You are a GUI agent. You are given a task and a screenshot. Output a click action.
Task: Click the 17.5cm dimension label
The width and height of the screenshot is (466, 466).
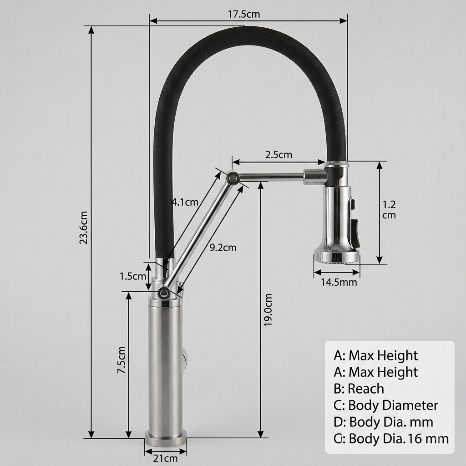point(244,14)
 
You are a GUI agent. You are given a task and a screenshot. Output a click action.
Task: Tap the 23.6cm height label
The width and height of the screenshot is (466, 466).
point(84,228)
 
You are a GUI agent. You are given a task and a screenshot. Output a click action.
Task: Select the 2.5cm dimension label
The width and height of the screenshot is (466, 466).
point(279,155)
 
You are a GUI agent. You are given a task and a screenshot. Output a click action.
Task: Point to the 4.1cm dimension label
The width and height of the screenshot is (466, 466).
point(185,202)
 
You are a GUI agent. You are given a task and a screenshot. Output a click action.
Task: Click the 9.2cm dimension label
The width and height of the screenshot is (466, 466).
point(223,247)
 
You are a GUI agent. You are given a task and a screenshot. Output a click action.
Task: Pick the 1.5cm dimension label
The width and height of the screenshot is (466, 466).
point(133,276)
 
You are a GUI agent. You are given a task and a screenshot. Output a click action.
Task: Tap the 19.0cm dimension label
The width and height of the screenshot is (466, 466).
point(268,309)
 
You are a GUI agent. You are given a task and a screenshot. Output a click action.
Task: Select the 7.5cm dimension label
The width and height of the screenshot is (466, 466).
point(121,360)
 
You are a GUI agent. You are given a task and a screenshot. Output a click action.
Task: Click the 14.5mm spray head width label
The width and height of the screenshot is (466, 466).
point(339,282)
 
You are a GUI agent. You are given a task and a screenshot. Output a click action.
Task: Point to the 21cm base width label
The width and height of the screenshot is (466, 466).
point(166,459)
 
